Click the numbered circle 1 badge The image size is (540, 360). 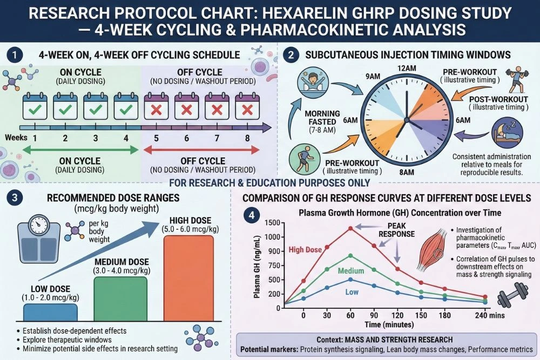16,55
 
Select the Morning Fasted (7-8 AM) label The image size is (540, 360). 323,122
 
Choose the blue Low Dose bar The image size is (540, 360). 50,313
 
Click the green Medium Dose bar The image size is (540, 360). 120,299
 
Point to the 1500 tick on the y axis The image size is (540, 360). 273,223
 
